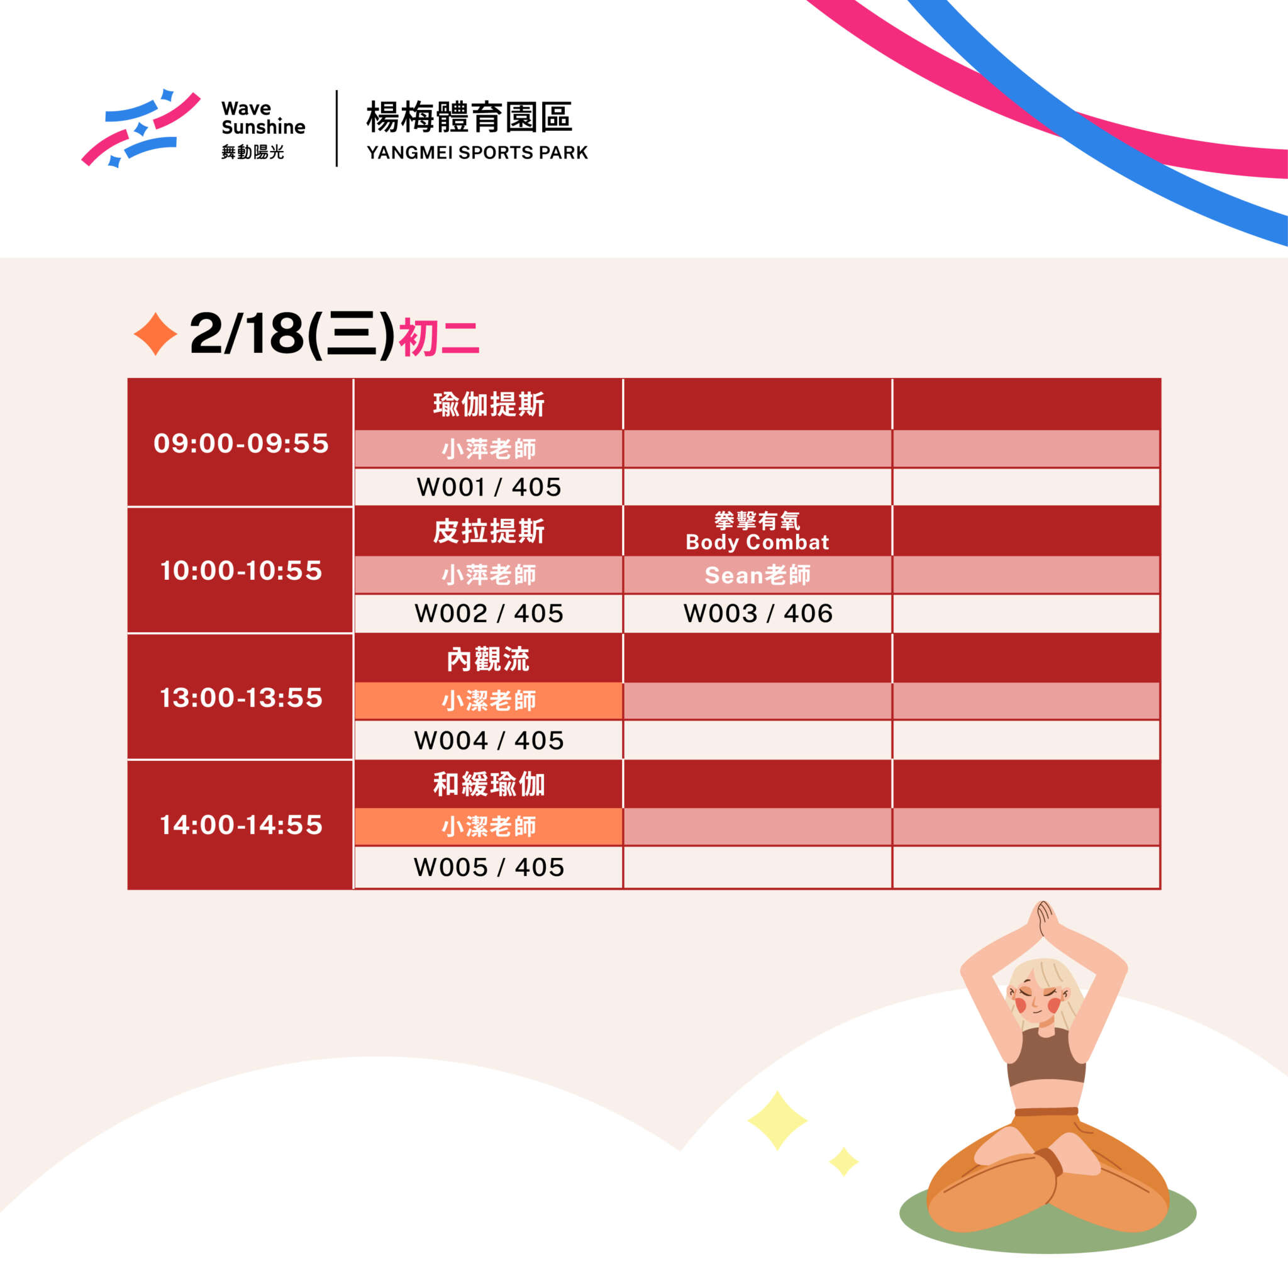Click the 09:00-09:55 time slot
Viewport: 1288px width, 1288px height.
click(241, 443)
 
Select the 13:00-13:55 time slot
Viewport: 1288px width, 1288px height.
click(241, 698)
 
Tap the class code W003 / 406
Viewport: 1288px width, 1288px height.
click(758, 613)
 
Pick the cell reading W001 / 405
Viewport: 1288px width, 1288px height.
click(489, 487)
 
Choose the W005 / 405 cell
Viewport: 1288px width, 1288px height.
click(489, 867)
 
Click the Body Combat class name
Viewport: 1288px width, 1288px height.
click(757, 542)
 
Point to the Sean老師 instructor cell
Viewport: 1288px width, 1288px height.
click(758, 575)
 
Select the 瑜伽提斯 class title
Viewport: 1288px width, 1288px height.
click(489, 404)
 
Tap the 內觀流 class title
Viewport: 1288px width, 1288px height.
click(488, 659)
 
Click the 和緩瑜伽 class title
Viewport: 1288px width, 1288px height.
click(489, 785)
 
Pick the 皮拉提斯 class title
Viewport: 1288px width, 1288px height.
click(489, 531)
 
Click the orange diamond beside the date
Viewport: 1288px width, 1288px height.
click(155, 333)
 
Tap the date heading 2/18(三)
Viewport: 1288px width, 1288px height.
click(292, 334)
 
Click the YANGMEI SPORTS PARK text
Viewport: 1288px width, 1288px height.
click(477, 153)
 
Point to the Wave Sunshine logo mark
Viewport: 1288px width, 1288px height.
click(141, 127)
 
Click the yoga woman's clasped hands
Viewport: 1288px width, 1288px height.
click(1043, 921)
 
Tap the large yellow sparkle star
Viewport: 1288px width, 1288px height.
click(777, 1121)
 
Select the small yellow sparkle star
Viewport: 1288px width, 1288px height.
click(844, 1162)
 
